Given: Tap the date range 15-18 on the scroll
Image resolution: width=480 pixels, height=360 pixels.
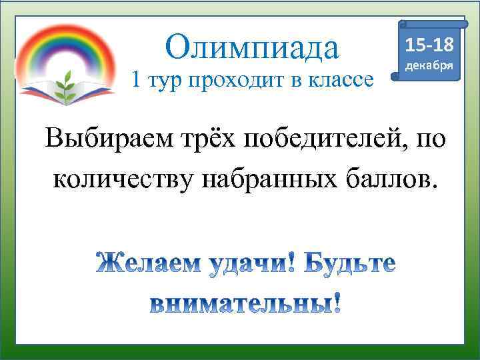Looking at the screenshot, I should click(429, 45).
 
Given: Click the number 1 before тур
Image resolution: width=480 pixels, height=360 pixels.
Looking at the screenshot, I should click(137, 81).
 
